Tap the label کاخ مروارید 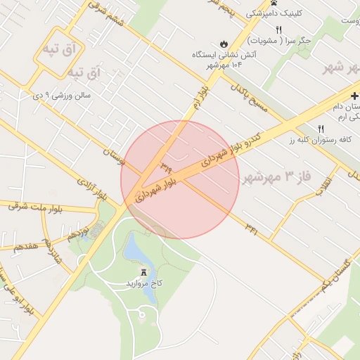coord(144,282)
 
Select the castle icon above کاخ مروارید coord(144,272)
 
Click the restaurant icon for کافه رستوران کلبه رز coord(321,129)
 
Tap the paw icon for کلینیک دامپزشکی coord(250,13)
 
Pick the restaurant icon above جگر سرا coord(279,30)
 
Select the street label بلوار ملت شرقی coord(37,207)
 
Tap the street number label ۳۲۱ coord(252,226)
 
